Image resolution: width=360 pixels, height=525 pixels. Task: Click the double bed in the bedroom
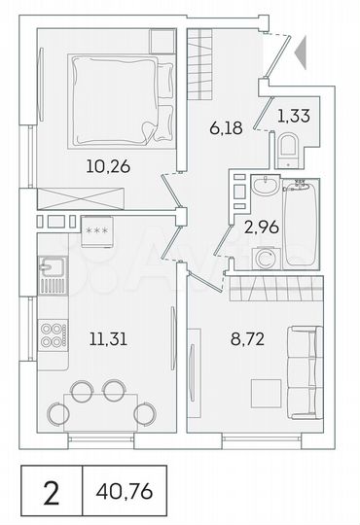click(122, 97)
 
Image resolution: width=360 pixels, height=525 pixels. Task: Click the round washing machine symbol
click(263, 258)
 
